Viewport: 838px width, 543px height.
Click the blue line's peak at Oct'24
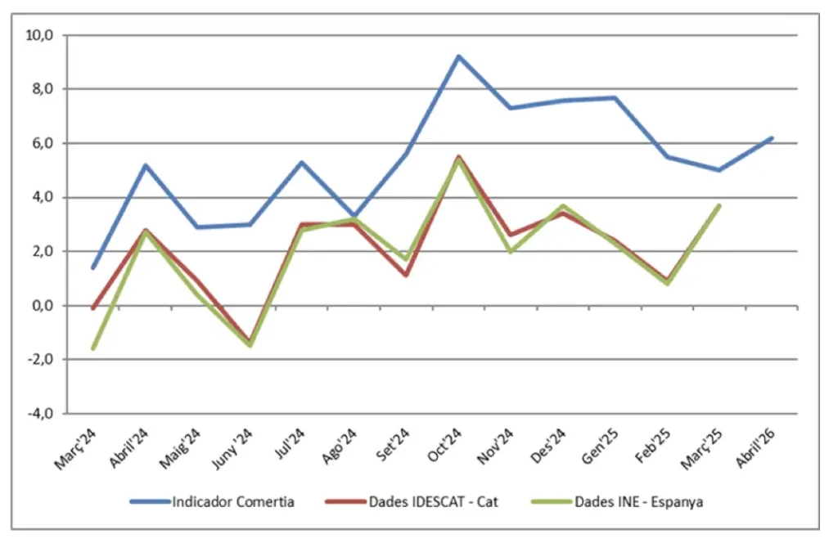pyautogui.click(x=458, y=56)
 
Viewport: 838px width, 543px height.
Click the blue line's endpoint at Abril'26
pyautogui.click(x=771, y=138)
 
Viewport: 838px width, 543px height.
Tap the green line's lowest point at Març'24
pyautogui.click(x=93, y=348)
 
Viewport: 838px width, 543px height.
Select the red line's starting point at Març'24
pyautogui.click(x=93, y=308)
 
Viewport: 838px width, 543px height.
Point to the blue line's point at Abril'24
pyautogui.click(x=146, y=165)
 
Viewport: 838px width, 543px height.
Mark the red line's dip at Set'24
pyautogui.click(x=406, y=275)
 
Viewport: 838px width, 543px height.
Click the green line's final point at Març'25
pyautogui.click(x=719, y=205)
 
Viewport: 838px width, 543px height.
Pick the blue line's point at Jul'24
pyautogui.click(x=302, y=162)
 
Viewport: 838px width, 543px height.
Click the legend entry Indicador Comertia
pyautogui.click(x=232, y=501)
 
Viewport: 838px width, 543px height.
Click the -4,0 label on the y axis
pyautogui.click(x=39, y=413)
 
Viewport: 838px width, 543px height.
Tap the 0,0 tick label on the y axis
pyautogui.click(x=41, y=305)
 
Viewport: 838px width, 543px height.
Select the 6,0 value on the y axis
pyautogui.click(x=41, y=143)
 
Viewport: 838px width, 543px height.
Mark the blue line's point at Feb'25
pyautogui.click(x=667, y=157)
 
